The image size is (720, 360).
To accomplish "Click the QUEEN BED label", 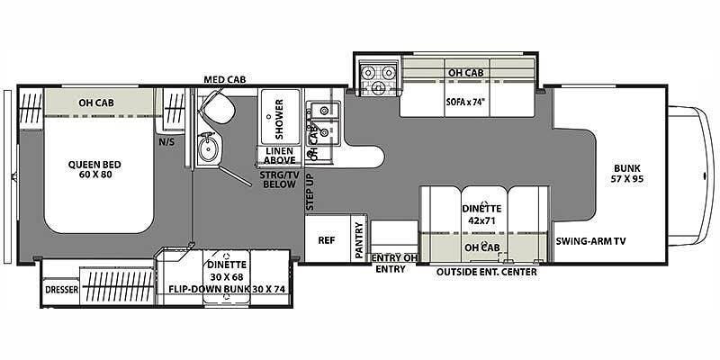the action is (94, 169).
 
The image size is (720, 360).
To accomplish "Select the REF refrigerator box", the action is (327, 240).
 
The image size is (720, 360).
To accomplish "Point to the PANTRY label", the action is (359, 240).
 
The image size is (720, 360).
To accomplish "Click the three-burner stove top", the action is (377, 76).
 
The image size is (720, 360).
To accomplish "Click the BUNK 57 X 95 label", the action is (625, 173).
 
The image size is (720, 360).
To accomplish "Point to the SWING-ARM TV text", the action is (591, 241).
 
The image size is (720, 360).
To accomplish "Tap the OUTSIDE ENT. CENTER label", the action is (486, 273).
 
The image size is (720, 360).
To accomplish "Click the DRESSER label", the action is (61, 290).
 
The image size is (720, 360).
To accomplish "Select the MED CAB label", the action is (225, 80).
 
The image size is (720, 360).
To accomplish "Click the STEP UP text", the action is (310, 192).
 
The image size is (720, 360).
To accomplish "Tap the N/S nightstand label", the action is (166, 142).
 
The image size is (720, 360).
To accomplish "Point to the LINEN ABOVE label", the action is (280, 155).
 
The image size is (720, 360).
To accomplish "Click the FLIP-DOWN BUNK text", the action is (209, 289).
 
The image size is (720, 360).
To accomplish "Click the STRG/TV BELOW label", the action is (280, 179).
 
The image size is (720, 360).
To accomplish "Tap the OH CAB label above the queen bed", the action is (96, 103).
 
